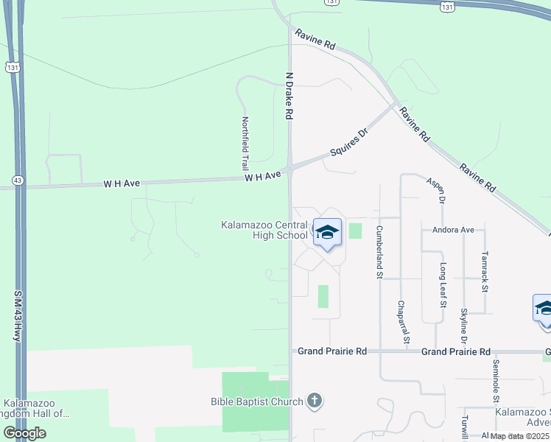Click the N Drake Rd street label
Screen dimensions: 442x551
click(289, 96)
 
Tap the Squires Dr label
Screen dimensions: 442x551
click(348, 142)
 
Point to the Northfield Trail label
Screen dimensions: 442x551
click(245, 144)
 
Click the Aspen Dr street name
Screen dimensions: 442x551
click(436, 190)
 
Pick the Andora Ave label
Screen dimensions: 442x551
click(454, 230)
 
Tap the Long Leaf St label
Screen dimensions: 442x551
click(443, 284)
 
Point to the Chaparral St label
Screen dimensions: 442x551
click(402, 322)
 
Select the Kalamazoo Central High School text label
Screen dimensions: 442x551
click(264, 230)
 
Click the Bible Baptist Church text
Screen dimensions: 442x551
click(256, 401)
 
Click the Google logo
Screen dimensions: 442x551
click(24, 433)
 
